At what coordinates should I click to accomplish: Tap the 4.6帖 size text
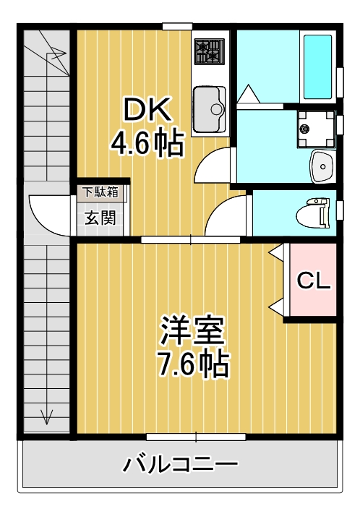pyautogui.click(x=147, y=144)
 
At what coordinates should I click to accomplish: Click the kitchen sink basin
pyautogui.click(x=210, y=109)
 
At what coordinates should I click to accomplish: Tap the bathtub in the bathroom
pyautogui.click(x=319, y=66)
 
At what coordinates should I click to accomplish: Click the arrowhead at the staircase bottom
pyautogui.click(x=48, y=416)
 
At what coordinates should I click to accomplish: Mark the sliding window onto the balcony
pyautogui.click(x=196, y=437)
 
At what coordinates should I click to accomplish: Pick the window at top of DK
pyautogui.click(x=177, y=27)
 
